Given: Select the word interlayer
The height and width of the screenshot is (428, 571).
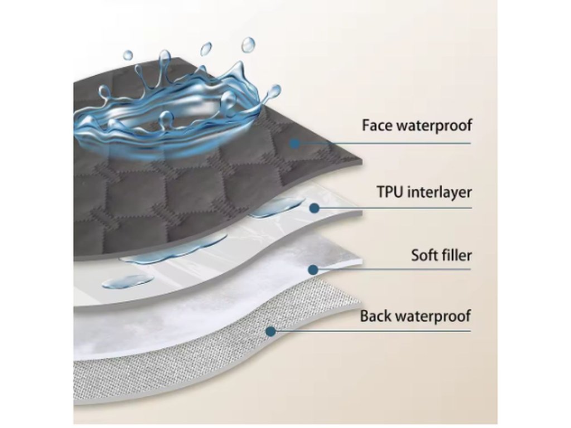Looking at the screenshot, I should pyautogui.click(x=441, y=193).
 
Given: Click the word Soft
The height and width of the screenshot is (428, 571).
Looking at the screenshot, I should pyautogui.click(x=425, y=256).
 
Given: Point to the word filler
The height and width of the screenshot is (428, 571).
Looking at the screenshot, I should pyautogui.click(x=457, y=256).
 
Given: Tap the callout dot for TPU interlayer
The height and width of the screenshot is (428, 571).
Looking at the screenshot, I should pyautogui.click(x=314, y=208).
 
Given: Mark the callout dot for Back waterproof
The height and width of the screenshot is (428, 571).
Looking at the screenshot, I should pyautogui.click(x=271, y=331).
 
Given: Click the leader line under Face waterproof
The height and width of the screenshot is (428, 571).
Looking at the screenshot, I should pyautogui.click(x=390, y=143).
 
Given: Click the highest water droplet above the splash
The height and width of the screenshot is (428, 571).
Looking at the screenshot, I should pyautogui.click(x=248, y=45).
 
